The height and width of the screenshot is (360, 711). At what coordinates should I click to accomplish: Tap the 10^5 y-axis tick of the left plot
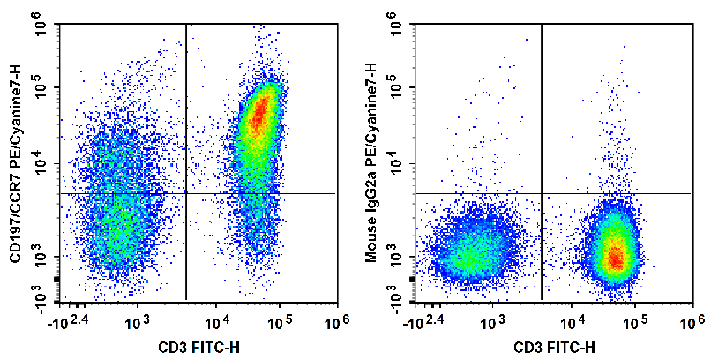[41, 87]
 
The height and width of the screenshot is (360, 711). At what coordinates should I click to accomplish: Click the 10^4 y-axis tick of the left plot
[41, 163]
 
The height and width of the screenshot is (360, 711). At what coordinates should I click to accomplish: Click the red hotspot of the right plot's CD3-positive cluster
[616, 259]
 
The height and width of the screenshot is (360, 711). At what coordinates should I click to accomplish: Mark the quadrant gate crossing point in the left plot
[186, 193]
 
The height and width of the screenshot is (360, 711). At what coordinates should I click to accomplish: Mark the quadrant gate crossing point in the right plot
[541, 193]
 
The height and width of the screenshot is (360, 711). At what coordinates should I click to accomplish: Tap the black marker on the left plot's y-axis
[56, 280]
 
